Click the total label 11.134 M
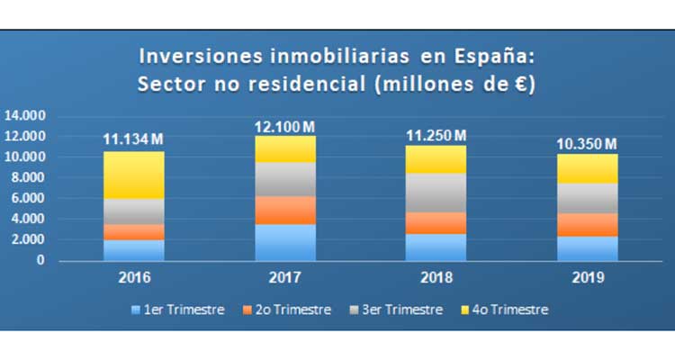tap(131, 139)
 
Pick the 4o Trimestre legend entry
tap(504, 310)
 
